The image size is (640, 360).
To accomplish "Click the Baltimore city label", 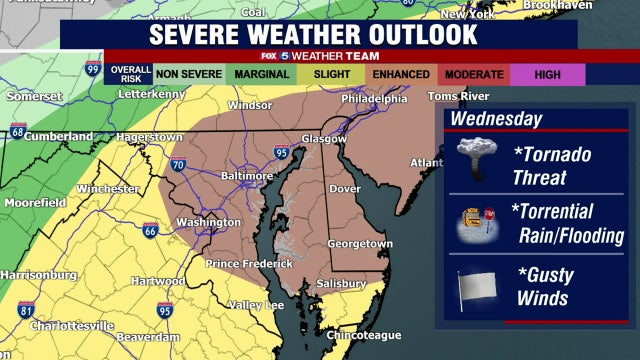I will tap(246, 176).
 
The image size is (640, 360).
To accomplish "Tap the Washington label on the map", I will tap(208, 222).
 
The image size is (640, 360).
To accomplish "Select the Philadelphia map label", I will tap(374, 99).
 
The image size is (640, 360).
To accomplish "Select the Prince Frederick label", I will tap(249, 264).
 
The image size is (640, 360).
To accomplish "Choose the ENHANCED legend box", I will tap(400, 74).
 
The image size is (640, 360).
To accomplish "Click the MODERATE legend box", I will tap(473, 74).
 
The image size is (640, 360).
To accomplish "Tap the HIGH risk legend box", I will tap(547, 74).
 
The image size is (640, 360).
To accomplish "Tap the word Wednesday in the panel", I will tap(495, 119).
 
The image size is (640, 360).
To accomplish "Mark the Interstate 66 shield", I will tap(149, 231).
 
